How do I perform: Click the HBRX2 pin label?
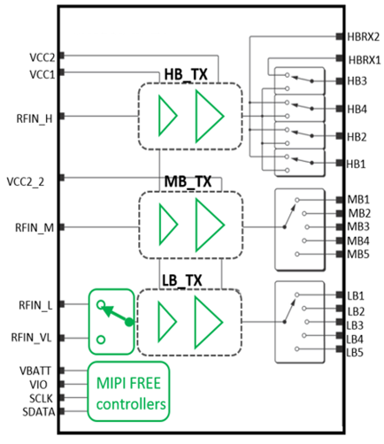tap(363, 37)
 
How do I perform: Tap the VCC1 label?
tap(42, 74)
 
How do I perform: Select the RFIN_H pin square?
tap(62, 116)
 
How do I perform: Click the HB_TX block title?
tap(186, 74)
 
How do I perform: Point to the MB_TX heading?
tap(188, 181)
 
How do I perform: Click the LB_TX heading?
tap(182, 280)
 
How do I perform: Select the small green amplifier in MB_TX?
tap(168, 224)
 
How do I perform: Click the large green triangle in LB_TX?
tap(209, 322)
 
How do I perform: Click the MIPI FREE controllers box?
tap(128, 391)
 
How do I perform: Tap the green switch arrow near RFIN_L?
tap(117, 314)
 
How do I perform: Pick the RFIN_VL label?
tap(31, 338)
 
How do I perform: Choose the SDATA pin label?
tap(39, 412)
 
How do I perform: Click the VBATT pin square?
tap(62, 371)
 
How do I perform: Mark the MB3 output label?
tap(358, 226)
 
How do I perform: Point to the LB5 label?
tap(355, 352)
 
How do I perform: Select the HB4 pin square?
tap(340, 109)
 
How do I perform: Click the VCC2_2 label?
tap(26, 182)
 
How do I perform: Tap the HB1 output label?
tap(356, 164)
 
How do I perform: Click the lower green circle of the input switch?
tap(101, 340)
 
